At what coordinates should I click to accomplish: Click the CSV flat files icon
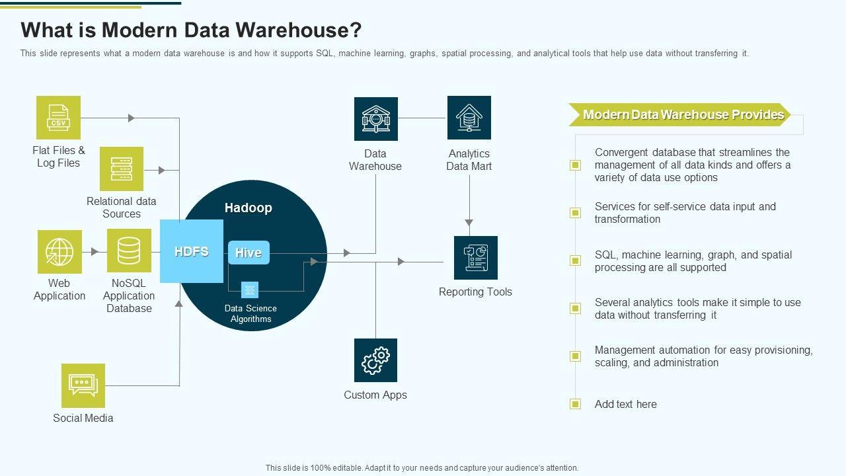[x=58, y=118]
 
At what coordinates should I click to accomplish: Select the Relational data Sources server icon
[x=122, y=169]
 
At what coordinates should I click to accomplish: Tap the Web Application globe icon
[x=59, y=252]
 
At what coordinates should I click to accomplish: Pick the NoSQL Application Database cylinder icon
[x=129, y=251]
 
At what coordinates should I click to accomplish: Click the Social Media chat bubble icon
[x=83, y=385]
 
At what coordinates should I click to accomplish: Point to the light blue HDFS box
[x=192, y=251]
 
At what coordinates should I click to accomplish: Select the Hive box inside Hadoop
[x=249, y=253]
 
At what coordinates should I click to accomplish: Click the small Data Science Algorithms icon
[x=250, y=290]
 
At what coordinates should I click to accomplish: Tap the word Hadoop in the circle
[x=248, y=208]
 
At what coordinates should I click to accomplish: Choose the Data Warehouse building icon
[x=375, y=119]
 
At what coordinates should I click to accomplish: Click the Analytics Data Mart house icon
[x=469, y=118]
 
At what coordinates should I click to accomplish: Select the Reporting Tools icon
[x=475, y=258]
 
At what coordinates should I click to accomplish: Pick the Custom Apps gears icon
[x=375, y=360]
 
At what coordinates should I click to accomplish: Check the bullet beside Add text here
[x=576, y=404]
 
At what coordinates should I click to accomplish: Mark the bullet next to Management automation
[x=576, y=356]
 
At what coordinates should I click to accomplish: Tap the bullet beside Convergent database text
[x=576, y=165]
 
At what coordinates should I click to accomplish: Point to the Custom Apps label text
[x=375, y=395]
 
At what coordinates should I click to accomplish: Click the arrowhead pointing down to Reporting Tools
[x=469, y=223]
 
